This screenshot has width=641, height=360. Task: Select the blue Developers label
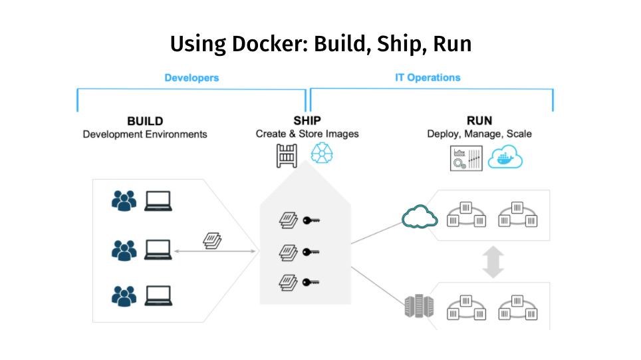192,78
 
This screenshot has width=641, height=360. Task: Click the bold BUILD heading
145,121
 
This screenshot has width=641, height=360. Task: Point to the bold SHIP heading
307,120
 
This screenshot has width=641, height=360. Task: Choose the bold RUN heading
479,120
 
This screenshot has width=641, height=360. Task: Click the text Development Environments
145,134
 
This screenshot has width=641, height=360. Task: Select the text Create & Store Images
307,134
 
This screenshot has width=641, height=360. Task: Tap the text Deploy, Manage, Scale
479,134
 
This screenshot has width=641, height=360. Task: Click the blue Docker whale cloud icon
505,158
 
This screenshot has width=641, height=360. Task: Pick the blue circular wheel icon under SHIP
322,156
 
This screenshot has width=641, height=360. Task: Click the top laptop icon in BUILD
159,200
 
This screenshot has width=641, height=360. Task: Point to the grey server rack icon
414,307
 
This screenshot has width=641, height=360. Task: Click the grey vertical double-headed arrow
493,262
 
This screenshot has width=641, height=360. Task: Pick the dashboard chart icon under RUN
466,158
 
